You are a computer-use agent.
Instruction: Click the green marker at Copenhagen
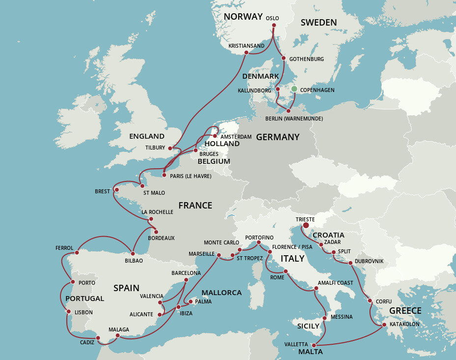294,89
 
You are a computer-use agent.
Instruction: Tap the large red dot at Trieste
306,226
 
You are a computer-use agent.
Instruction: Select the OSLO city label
272,18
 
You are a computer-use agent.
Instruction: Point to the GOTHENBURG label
307,59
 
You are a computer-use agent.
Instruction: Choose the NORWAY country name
243,17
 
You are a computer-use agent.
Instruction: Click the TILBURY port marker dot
170,148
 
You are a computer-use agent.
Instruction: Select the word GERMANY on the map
278,137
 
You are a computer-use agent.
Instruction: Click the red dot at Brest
116,189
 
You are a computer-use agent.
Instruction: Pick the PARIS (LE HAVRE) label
191,176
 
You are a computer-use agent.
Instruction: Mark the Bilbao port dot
133,254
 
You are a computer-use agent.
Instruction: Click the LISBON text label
84,312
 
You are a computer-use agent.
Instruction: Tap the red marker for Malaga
117,336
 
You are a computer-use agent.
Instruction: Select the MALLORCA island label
222,293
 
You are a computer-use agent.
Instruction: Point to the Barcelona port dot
186,280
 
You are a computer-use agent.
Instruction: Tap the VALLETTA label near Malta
296,344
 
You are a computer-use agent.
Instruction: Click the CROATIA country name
328,235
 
